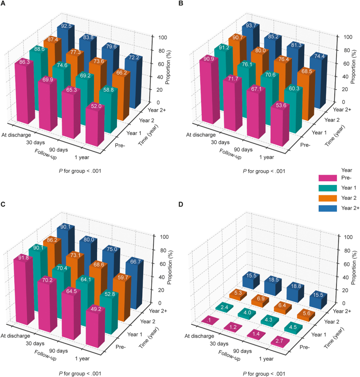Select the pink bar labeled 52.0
pos(93,125)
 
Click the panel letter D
pos(181,204)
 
